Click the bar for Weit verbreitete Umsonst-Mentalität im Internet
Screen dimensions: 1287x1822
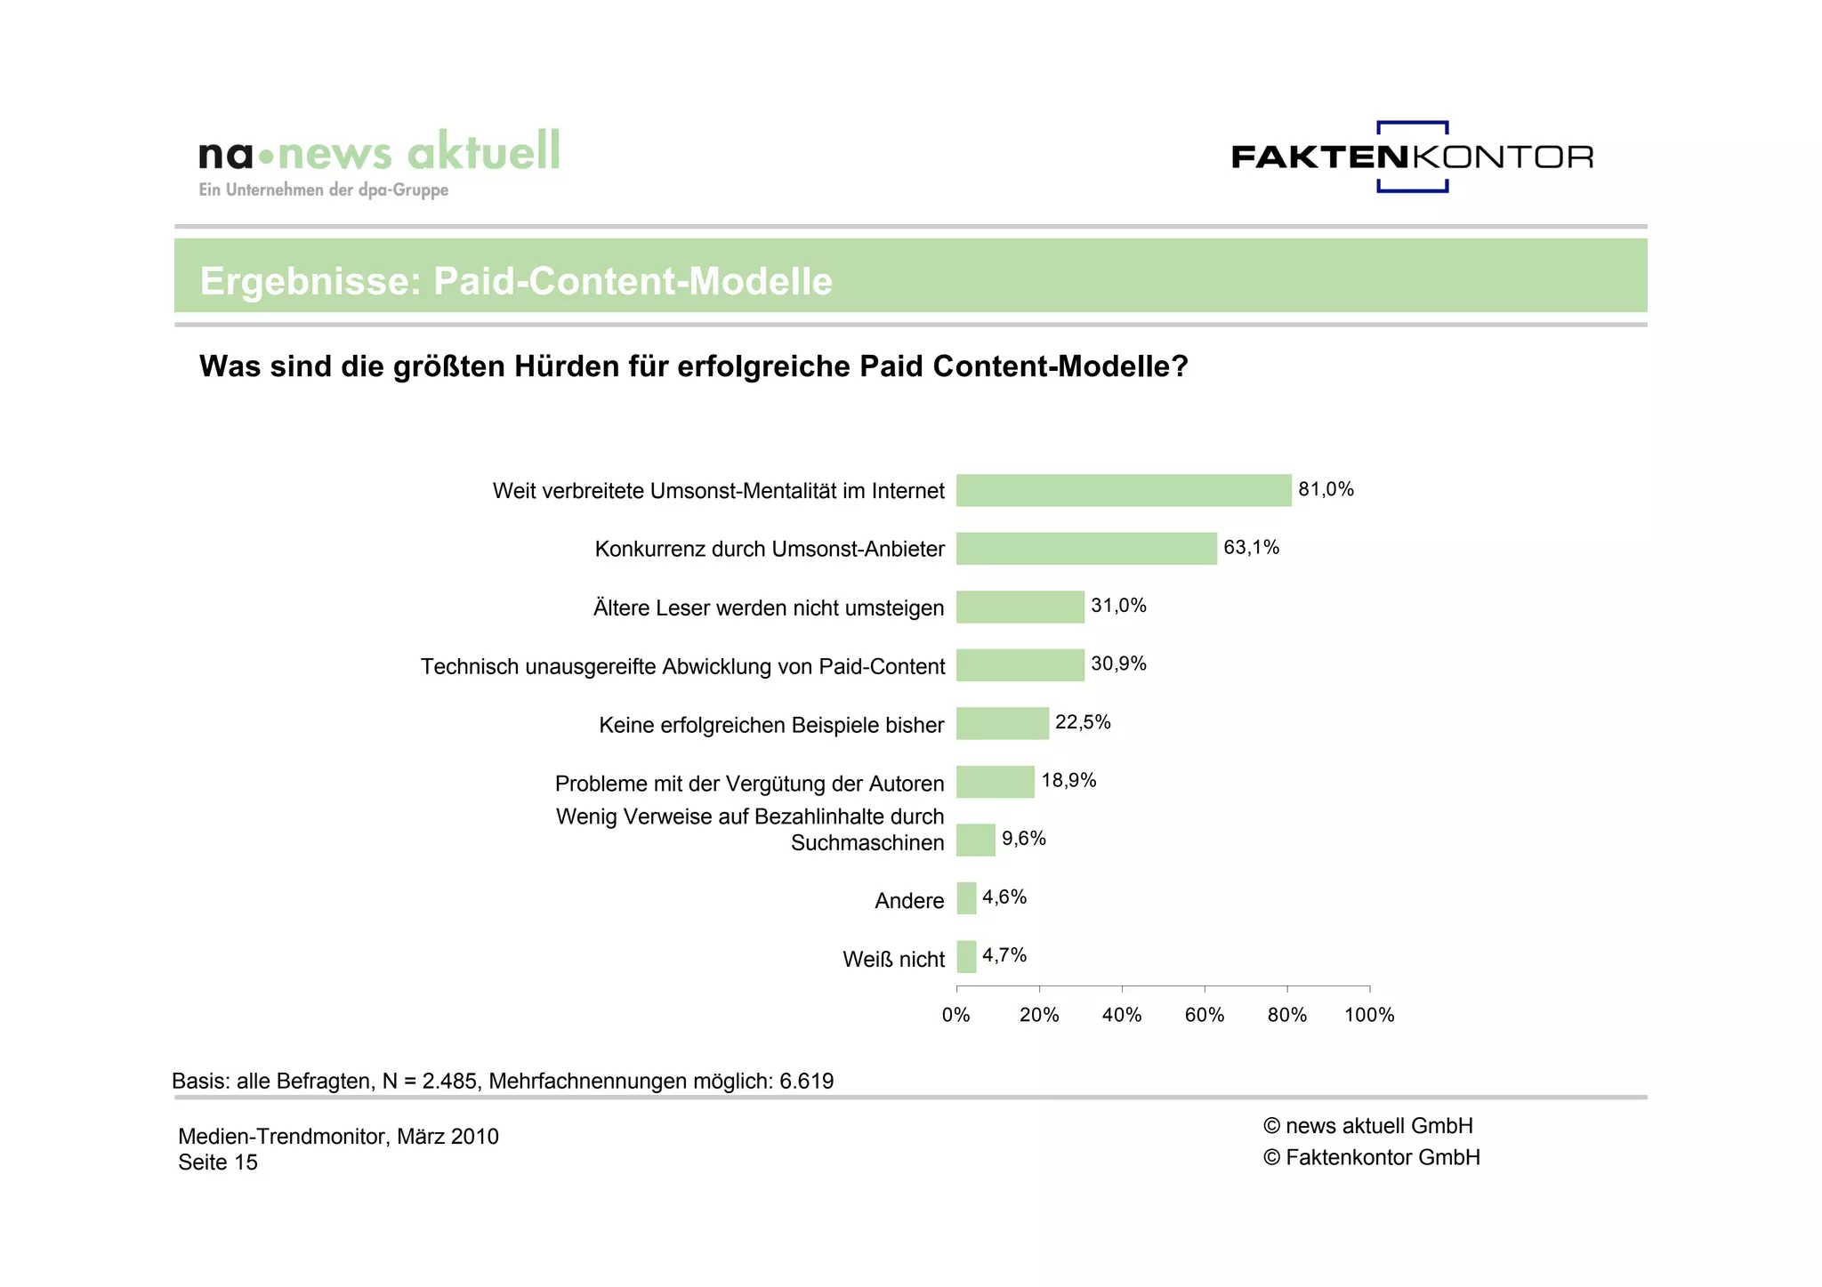pos(1123,490)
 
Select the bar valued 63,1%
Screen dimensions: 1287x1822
pos(1085,548)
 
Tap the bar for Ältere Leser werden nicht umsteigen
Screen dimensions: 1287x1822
pos(1020,607)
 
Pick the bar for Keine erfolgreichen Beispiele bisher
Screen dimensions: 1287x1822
pos(1002,723)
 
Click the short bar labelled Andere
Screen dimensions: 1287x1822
pos(966,898)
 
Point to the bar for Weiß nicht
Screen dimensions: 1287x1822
pos(966,957)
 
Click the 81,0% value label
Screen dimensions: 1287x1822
pos(1326,489)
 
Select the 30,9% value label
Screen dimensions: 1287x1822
pos(1118,664)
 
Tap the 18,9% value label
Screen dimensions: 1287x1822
pos(1068,780)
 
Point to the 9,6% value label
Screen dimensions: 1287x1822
pos(1023,839)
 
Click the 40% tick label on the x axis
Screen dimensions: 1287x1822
pos(1122,1015)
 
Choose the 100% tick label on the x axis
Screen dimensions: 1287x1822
pos(1369,1015)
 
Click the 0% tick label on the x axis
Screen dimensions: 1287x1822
pos(956,1015)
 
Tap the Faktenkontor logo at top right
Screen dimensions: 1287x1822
pos(1412,157)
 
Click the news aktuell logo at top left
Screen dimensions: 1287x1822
pos(379,160)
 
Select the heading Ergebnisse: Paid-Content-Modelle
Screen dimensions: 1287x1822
pos(516,281)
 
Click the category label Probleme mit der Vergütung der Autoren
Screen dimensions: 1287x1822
pos(749,784)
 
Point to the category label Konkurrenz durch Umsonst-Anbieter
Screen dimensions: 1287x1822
pos(770,549)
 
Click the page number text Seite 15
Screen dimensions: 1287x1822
pos(218,1162)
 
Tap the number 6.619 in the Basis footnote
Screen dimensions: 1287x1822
pos(807,1082)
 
